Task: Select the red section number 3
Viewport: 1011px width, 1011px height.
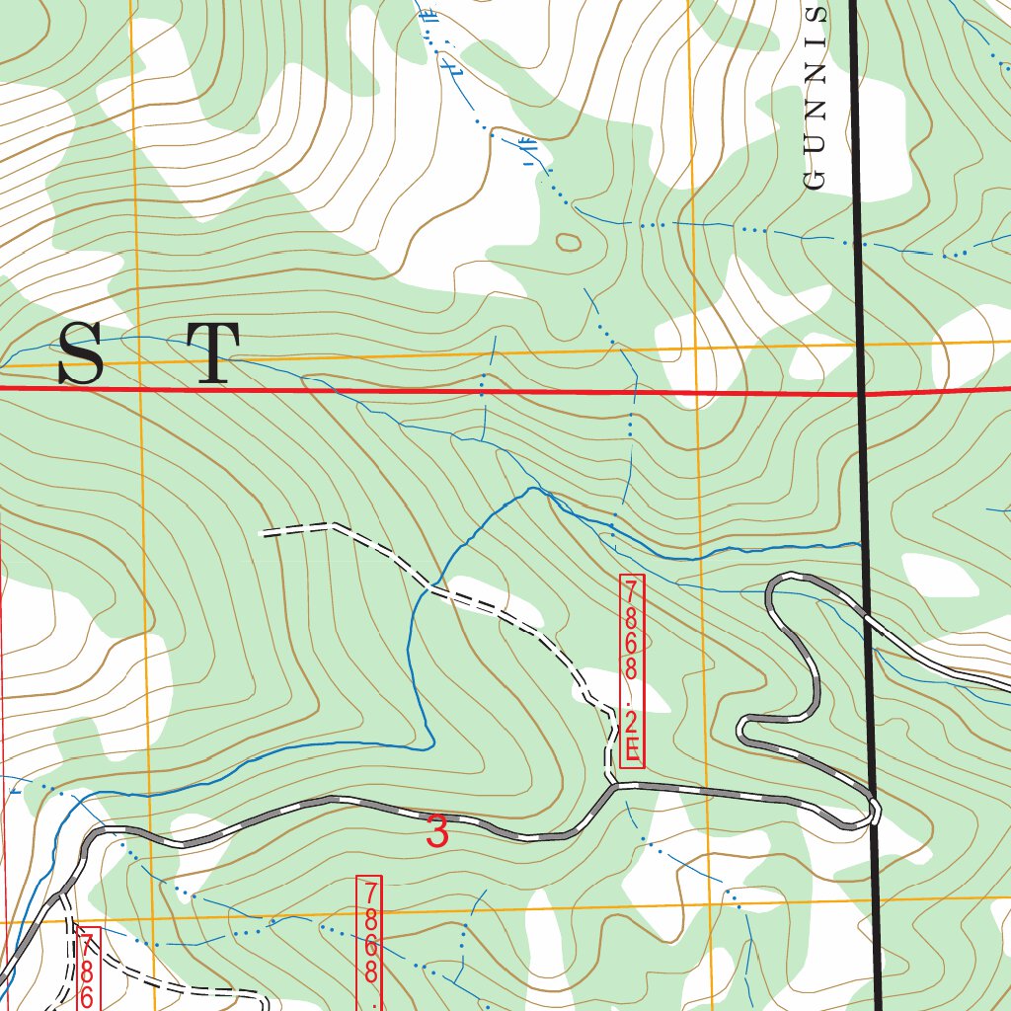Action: pos(437,832)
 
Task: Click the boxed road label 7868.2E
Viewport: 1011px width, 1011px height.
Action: pos(632,671)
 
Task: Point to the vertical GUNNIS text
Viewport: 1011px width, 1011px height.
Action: pos(815,99)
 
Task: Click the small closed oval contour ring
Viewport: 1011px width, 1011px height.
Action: pos(570,241)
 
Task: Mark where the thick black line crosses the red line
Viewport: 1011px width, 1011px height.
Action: pos(862,394)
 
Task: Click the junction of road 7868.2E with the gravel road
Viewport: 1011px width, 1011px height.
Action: pos(613,786)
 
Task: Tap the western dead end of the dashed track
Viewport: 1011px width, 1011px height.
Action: pos(263,533)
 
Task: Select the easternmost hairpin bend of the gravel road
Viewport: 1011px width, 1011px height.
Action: pos(875,812)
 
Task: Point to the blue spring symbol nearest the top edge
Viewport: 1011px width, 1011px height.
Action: pos(428,16)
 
